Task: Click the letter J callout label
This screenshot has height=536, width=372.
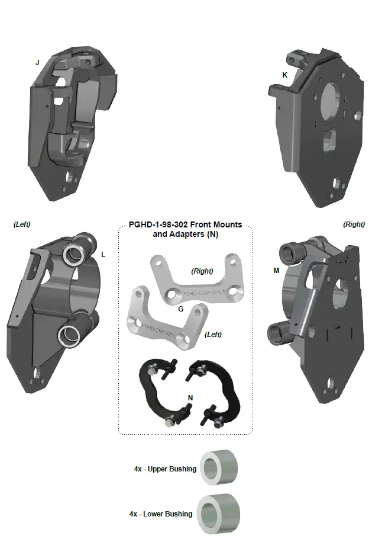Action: point(37,62)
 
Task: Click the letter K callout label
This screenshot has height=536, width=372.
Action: point(284,75)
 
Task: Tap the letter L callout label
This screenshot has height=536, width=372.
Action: point(103,255)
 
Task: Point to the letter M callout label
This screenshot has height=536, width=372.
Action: point(276,271)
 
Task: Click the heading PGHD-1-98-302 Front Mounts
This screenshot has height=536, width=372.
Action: point(185,225)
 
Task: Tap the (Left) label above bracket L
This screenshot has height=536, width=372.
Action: point(22,224)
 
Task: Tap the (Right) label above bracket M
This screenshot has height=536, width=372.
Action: point(354,224)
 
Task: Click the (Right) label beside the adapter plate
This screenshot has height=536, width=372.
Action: point(202,271)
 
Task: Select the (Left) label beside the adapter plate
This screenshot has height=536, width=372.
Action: point(213,335)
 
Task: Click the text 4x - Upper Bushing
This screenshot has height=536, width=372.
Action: point(165,469)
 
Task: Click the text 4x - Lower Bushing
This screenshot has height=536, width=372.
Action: point(161,514)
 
